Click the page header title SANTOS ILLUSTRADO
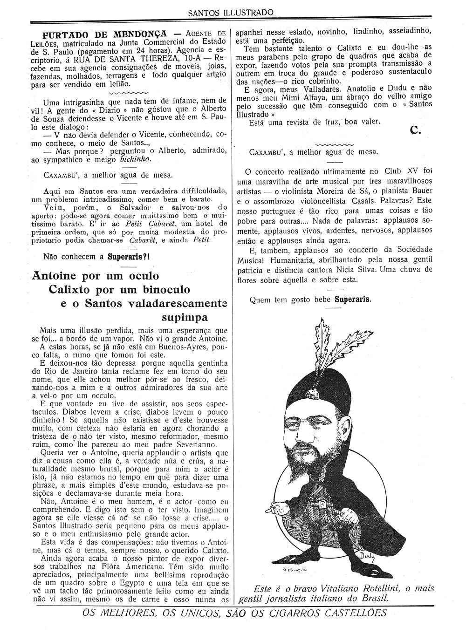pos(231,13)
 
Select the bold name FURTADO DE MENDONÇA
pos(104,34)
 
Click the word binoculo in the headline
pos(170,289)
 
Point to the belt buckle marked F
pos(322,504)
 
